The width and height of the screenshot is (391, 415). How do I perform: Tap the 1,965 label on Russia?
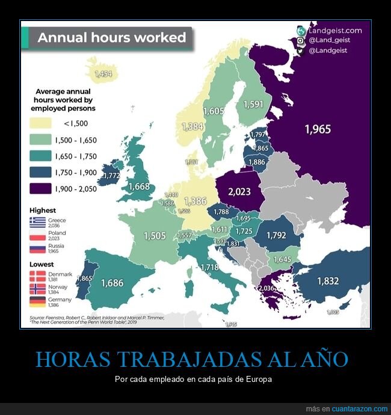pyautogui.click(x=318, y=129)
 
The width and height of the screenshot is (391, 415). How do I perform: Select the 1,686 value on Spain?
pyautogui.click(x=112, y=282)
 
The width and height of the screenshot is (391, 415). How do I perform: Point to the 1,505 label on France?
pyautogui.click(x=155, y=236)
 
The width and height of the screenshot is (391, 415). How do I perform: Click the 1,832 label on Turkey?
pyautogui.click(x=328, y=280)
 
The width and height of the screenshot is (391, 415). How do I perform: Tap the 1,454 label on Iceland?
pyautogui.click(x=103, y=74)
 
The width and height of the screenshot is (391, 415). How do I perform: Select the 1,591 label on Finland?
pyautogui.click(x=253, y=104)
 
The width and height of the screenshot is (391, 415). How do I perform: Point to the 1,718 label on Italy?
pyautogui.click(x=209, y=267)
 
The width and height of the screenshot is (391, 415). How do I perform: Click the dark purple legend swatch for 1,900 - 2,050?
pyautogui.click(x=41, y=189)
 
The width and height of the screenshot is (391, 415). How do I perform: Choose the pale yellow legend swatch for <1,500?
pyautogui.click(x=41, y=123)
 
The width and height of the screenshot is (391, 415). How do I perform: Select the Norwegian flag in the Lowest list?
pyautogui.click(x=37, y=289)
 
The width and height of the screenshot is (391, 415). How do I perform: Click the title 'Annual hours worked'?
pyautogui.click(x=112, y=37)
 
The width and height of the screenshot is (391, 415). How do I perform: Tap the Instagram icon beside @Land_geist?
pyautogui.click(x=300, y=40)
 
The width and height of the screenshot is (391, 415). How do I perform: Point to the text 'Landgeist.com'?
pyautogui.click(x=335, y=30)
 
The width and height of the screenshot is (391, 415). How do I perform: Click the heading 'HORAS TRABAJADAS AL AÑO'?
pyautogui.click(x=192, y=359)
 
